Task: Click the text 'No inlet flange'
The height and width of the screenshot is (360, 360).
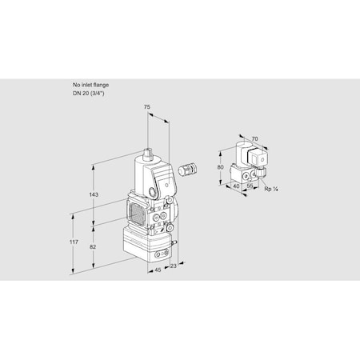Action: click(x=90, y=84)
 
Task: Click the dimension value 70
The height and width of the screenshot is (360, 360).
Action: click(x=254, y=139)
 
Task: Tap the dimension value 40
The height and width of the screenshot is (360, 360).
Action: click(x=235, y=186)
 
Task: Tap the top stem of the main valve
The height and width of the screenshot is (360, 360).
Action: click(x=149, y=151)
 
